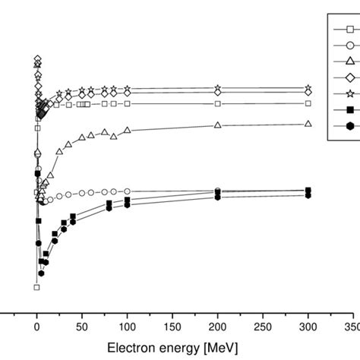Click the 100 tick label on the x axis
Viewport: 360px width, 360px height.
coord(127,324)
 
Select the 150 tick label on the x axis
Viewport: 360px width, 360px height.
coord(172,324)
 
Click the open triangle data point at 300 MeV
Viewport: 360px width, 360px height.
coord(308,123)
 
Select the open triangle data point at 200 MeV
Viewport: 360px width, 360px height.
coord(218,125)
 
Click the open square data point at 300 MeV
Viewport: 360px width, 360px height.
coord(308,103)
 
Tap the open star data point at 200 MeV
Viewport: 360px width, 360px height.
coord(218,88)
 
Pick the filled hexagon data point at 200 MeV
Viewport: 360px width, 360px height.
coord(218,197)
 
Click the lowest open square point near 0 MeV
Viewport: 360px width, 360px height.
coord(36,287)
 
